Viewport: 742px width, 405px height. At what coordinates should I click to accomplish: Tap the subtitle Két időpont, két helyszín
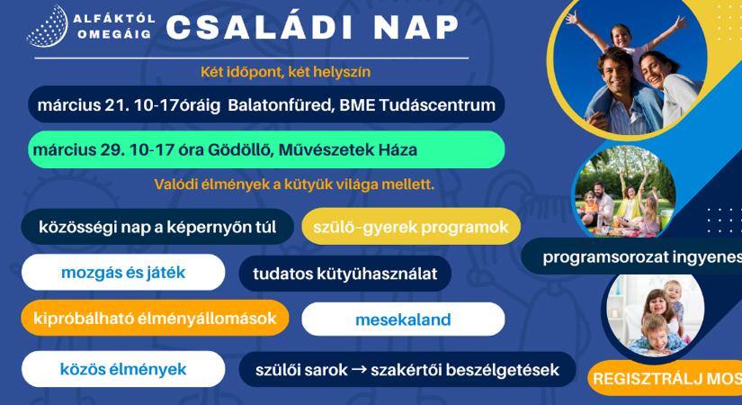click(x=286, y=70)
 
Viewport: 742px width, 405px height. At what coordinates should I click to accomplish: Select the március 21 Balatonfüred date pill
click(x=266, y=105)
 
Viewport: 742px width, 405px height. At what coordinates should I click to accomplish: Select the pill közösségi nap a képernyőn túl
click(x=156, y=227)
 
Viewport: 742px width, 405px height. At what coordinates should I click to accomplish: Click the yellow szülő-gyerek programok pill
click(x=411, y=227)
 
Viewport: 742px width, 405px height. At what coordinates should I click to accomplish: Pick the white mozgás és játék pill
click(x=122, y=272)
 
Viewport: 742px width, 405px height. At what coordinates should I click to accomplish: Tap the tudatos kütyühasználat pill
click(x=344, y=274)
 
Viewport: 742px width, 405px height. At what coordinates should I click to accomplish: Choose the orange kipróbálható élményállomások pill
click(x=155, y=318)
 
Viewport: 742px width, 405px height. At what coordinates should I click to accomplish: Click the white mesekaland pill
click(x=402, y=319)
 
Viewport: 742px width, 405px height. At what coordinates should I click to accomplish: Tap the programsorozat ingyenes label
click(x=641, y=257)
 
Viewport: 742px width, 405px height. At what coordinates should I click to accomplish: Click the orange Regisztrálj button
click(x=666, y=377)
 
